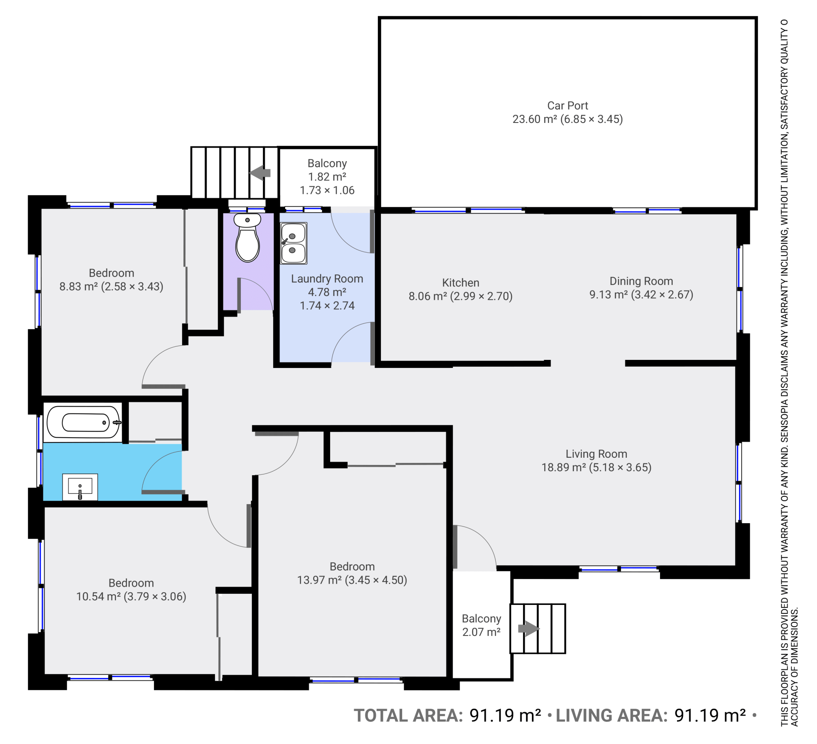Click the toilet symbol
[247, 238]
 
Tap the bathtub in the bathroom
[84, 422]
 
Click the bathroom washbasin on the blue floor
[80, 487]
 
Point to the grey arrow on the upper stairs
[260, 173]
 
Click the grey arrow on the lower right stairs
[528, 628]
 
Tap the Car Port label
[568, 105]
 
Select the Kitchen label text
[460, 283]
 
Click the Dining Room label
[641, 281]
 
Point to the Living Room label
[596, 454]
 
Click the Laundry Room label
[327, 279]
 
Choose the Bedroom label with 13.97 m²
[352, 567]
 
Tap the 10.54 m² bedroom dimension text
[131, 596]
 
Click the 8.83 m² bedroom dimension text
[111, 286]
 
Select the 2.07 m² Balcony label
[481, 625]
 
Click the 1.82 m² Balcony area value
[327, 177]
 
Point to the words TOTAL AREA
[408, 715]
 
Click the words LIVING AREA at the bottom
[611, 715]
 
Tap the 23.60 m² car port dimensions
[568, 119]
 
